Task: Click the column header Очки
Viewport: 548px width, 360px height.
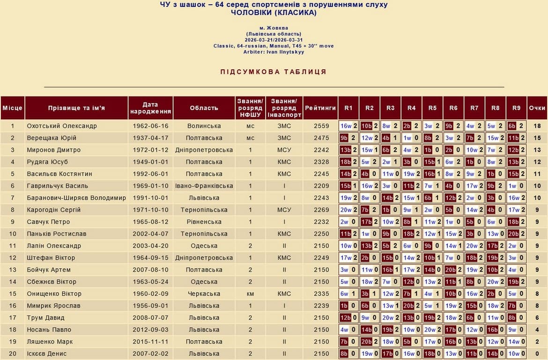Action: [x=537, y=108]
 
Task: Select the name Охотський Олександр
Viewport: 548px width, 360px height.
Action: [x=62, y=126]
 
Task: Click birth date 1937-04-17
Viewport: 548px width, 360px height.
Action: [x=150, y=138]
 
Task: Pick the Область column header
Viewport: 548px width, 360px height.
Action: [x=204, y=108]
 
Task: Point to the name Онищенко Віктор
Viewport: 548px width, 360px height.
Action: [x=54, y=294]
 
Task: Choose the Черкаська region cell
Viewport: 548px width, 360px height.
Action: [x=204, y=294]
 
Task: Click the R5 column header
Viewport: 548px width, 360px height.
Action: [x=432, y=108]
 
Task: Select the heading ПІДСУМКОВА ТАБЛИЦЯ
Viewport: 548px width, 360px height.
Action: [x=274, y=72]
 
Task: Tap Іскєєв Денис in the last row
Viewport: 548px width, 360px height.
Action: [x=47, y=354]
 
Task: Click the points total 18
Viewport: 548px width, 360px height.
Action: [x=537, y=126]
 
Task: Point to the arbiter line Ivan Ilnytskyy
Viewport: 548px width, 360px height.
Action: [x=274, y=52]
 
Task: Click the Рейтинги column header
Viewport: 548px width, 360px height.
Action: [x=320, y=108]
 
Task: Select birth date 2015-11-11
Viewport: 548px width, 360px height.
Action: [x=150, y=342]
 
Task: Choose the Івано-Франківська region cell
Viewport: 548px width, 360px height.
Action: [x=204, y=186]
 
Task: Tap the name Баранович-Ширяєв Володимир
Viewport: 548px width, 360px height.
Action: [x=76, y=198]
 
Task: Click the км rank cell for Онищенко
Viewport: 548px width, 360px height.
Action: [x=251, y=294]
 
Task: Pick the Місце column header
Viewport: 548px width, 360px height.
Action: [x=12, y=108]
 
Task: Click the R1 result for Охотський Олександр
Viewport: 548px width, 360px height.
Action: [x=348, y=126]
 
